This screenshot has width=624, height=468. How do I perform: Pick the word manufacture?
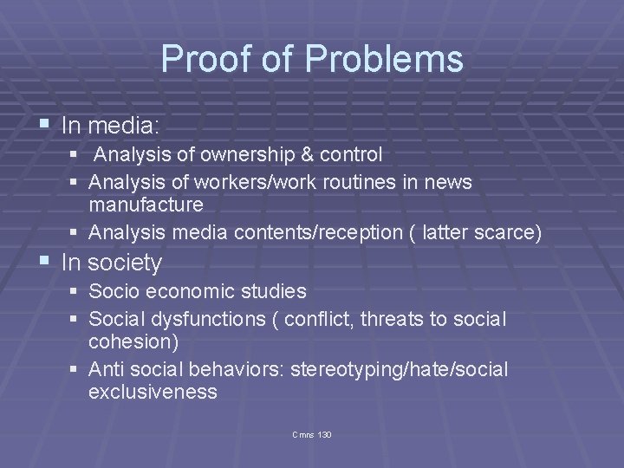pos(146,205)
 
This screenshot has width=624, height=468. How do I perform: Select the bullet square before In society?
pos(45,261)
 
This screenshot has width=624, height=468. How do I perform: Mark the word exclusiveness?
pos(153,392)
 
